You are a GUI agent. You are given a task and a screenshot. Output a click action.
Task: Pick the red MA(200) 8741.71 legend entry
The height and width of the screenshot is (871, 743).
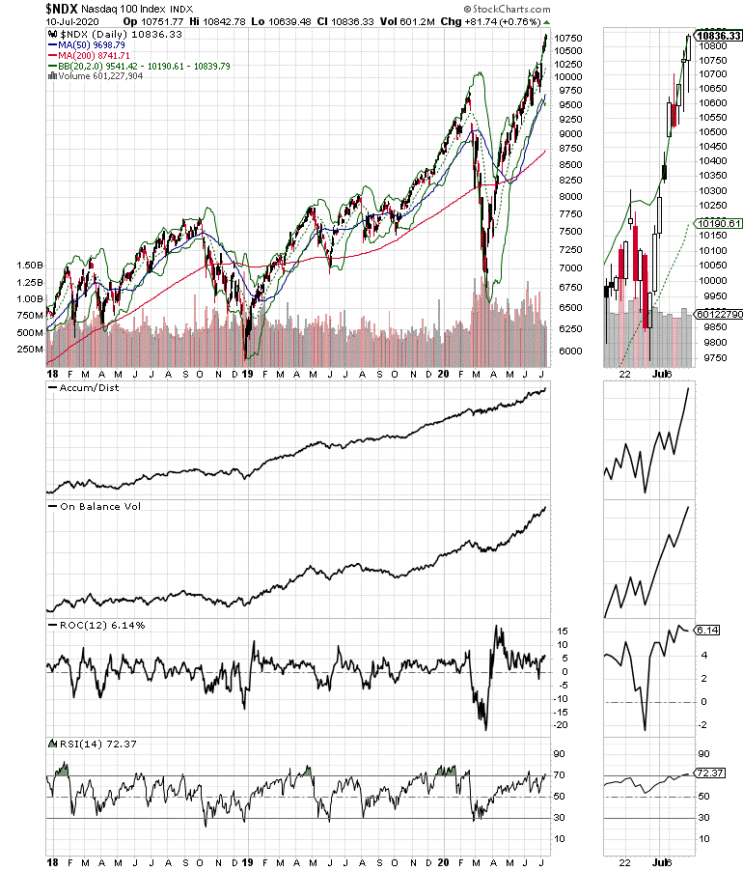tap(88, 56)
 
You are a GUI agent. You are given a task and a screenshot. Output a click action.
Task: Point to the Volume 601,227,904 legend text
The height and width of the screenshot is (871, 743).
tap(96, 77)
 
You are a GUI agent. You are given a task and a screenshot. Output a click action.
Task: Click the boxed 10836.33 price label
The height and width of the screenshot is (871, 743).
tap(718, 36)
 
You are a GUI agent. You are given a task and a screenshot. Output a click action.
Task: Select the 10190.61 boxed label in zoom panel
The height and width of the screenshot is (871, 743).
tap(719, 223)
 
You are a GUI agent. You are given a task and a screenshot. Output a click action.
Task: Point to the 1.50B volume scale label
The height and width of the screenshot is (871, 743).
tap(31, 265)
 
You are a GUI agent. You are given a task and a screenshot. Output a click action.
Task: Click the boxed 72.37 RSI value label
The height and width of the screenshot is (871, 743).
tap(712, 773)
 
